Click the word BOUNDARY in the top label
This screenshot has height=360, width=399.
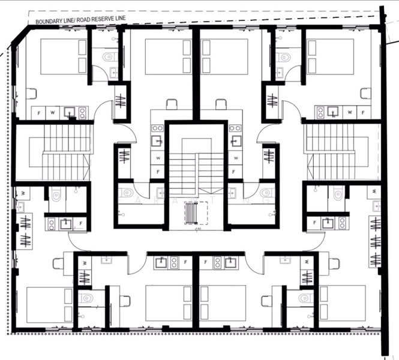point(49,22)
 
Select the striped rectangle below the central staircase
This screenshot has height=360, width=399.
point(194,212)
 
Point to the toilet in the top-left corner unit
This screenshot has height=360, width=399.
point(108,57)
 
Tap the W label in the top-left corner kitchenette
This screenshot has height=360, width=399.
point(53,112)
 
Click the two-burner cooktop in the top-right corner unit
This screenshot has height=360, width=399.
point(321,112)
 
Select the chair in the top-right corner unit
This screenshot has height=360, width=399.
point(365,93)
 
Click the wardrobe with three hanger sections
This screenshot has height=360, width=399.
point(375,242)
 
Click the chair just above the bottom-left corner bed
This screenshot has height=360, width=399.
point(59,263)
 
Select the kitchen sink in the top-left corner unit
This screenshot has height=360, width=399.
point(69,112)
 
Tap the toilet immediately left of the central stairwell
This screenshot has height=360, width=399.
point(129,193)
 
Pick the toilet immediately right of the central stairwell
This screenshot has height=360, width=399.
point(265,193)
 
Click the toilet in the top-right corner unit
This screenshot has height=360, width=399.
point(283,57)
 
